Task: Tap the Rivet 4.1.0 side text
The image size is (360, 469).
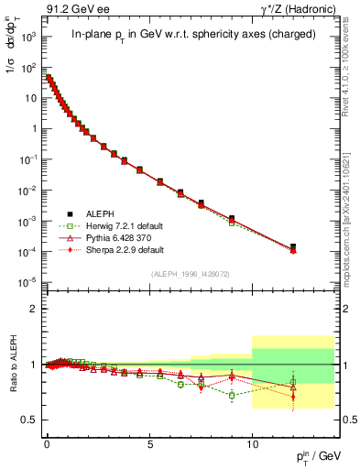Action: coord(349,82)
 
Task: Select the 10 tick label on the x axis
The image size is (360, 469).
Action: coord(252,442)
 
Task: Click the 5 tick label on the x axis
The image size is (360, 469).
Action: coord(149,442)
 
